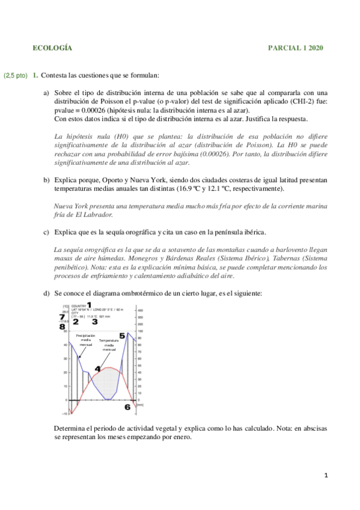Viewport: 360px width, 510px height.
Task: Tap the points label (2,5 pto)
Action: point(15,76)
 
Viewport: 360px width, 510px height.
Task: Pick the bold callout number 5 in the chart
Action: point(122,336)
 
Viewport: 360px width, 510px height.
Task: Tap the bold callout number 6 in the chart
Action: point(127,407)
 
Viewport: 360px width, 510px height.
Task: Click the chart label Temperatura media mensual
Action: point(109,345)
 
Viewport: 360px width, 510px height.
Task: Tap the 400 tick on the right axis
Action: point(141,310)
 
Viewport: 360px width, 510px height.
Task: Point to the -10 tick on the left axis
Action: point(65,413)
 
